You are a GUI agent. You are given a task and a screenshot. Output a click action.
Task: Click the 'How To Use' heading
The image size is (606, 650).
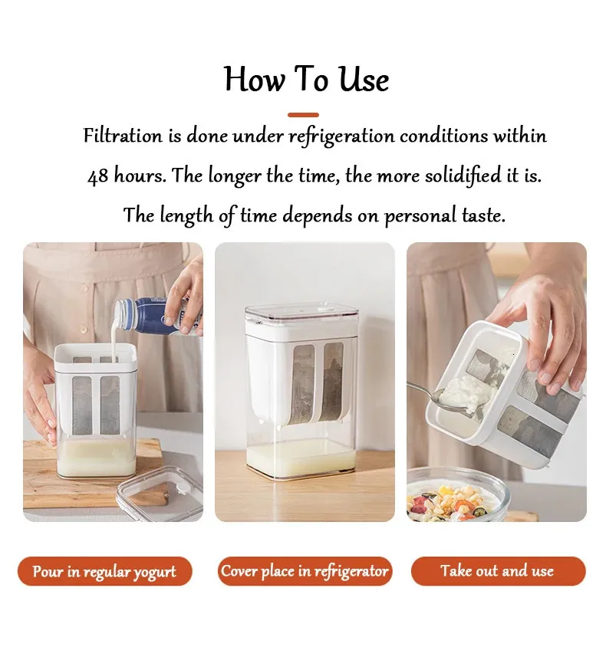(306, 79)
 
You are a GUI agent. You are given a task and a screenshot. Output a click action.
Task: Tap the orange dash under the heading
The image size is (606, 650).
(303, 115)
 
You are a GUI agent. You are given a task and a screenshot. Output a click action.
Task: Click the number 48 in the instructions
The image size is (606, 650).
(98, 176)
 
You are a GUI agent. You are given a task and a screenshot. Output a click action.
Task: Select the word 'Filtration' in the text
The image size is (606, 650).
(123, 136)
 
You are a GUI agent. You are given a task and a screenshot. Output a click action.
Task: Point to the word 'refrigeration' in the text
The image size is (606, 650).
(341, 136)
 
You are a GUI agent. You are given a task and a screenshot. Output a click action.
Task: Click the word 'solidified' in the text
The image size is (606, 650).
(463, 176)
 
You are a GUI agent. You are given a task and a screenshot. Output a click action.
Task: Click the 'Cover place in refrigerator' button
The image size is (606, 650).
(305, 571)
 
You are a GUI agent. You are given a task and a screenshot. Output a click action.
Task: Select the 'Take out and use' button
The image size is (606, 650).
(498, 571)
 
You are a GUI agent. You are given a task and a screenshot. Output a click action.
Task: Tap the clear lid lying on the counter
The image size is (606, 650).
(160, 494)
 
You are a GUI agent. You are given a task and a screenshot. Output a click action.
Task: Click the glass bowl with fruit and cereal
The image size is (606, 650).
(456, 495)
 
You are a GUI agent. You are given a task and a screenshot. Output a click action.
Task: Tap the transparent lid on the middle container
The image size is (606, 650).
(301, 314)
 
